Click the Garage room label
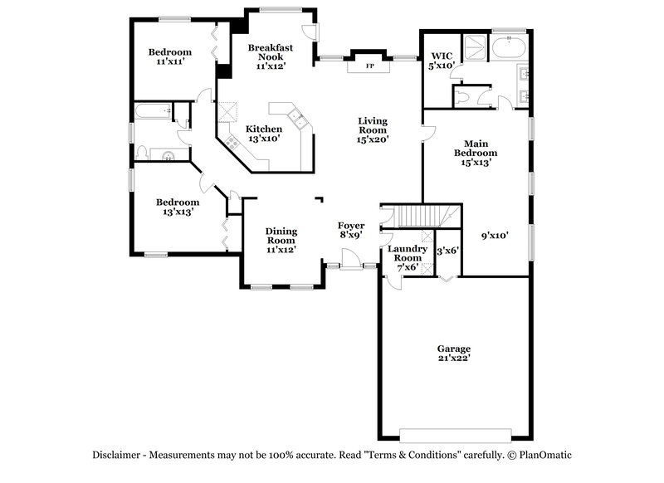pos(454,354)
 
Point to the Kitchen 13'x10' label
pos(264,134)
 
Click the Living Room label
pos(372,130)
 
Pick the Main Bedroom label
pos(475,153)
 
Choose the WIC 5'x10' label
pos(440,61)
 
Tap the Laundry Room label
pos(407,258)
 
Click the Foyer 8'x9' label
pos(351,230)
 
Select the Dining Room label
pos(281,240)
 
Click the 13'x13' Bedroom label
pos(178,207)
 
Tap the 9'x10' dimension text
pos(495,235)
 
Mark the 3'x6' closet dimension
pos(448,251)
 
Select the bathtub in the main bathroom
pos(507,47)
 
